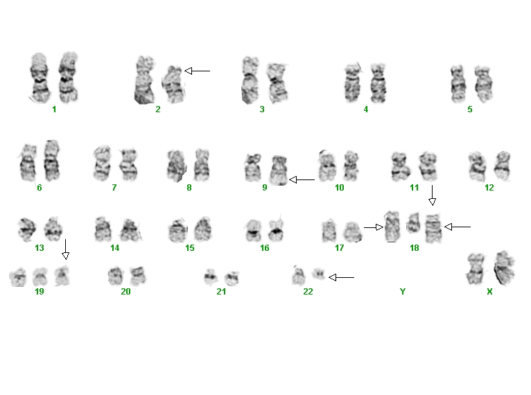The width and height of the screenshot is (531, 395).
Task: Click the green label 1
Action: click(x=54, y=109)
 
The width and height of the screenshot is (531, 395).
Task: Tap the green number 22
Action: click(x=308, y=292)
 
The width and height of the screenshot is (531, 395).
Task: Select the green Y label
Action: click(x=402, y=292)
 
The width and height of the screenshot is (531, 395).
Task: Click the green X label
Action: click(x=489, y=292)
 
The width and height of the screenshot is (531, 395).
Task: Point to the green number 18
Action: click(x=414, y=248)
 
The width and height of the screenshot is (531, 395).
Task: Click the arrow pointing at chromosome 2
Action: click(x=197, y=71)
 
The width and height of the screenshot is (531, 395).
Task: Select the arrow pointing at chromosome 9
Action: click(x=302, y=179)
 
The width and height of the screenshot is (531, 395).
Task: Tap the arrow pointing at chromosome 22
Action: click(x=341, y=278)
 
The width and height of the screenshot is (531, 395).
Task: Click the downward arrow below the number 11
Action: click(x=432, y=195)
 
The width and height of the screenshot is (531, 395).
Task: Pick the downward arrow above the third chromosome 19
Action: click(x=66, y=249)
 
